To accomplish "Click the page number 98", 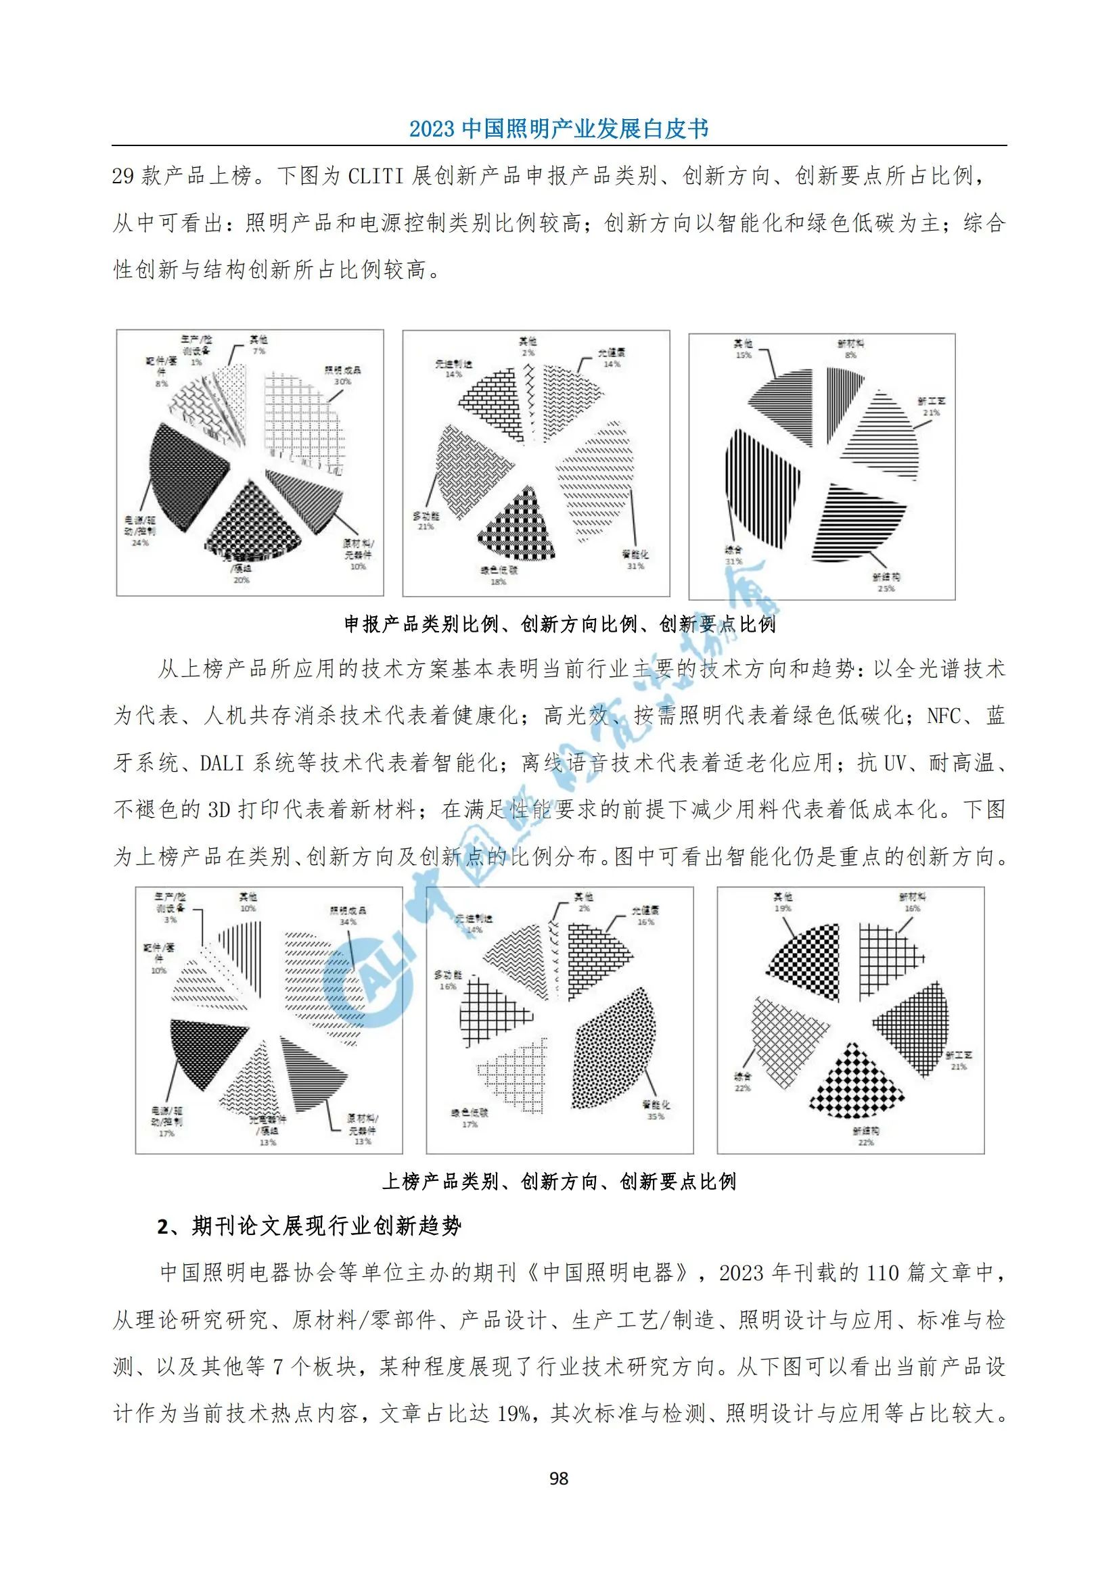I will pos(559,1478).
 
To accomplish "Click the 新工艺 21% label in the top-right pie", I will pos(931,406).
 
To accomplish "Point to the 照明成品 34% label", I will pos(348,916).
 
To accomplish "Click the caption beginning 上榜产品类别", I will pos(559,1182).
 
